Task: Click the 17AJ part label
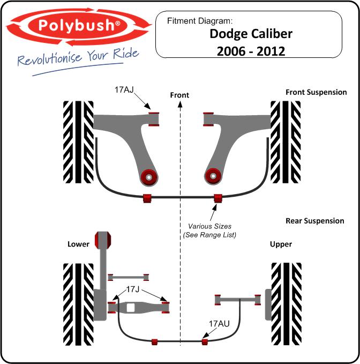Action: [x=124, y=90]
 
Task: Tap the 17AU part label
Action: [x=219, y=324]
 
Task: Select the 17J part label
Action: [x=132, y=289]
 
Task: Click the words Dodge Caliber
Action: [x=251, y=34]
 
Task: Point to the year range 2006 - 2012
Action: [x=251, y=51]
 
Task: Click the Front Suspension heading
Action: [x=316, y=92]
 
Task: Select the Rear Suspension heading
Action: [x=315, y=221]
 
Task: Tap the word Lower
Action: [x=78, y=244]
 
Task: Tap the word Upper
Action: [x=281, y=244]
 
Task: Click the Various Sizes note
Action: [x=209, y=231]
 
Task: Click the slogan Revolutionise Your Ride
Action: [x=78, y=57]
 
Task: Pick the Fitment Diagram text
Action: [x=199, y=21]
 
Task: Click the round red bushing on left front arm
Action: [x=149, y=177]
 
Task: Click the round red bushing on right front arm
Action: [x=213, y=176]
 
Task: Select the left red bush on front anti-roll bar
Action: [x=147, y=198]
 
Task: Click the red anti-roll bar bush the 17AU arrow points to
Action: [x=205, y=341]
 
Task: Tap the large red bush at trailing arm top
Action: [x=103, y=240]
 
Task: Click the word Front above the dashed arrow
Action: [x=179, y=95]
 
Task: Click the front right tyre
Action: [x=286, y=142]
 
